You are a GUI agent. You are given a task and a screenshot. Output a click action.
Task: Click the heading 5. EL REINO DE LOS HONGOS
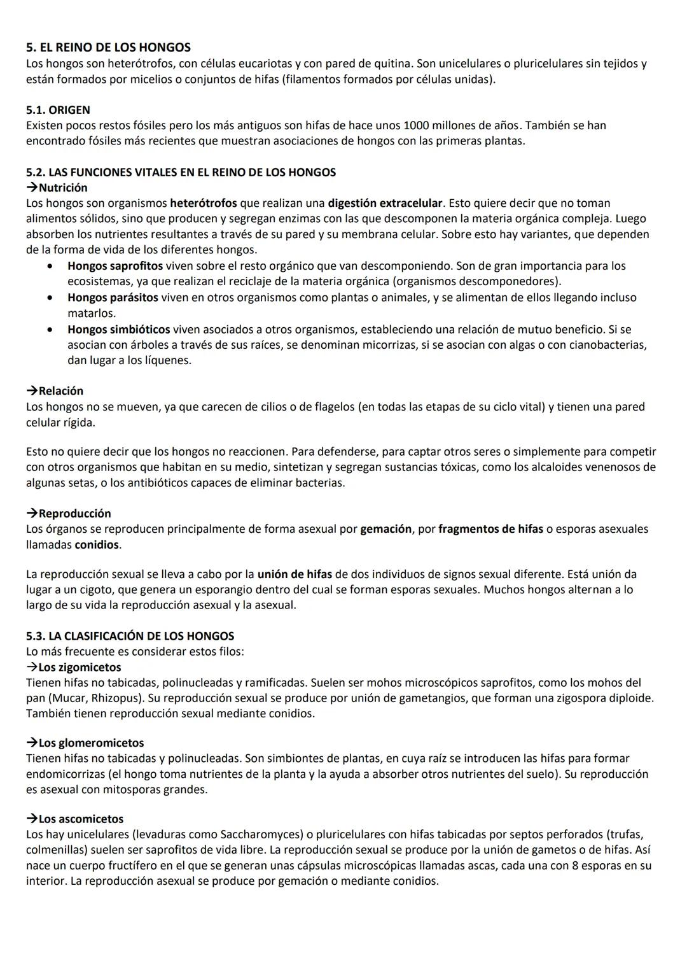tap(108, 48)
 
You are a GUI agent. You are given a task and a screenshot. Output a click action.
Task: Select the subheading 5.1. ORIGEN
tap(58, 109)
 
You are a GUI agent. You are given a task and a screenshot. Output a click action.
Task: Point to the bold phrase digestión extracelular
tap(385, 203)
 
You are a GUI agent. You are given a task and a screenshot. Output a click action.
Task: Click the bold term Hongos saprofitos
tap(115, 265)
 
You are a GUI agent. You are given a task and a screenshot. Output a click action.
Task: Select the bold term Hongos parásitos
tap(113, 297)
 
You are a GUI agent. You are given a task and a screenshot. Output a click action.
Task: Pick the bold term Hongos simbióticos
tap(118, 330)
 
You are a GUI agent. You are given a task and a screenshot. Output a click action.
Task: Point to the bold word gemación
tap(385, 529)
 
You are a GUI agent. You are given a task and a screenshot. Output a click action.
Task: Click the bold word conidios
tap(97, 545)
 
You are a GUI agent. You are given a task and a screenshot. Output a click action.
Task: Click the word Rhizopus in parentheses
tap(121, 698)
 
